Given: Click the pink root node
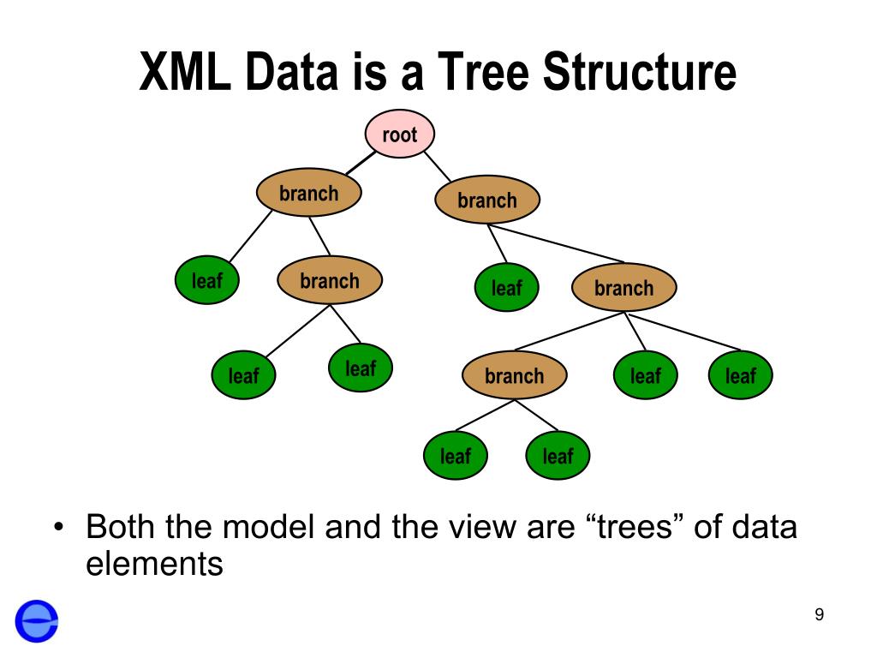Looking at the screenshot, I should (x=400, y=135).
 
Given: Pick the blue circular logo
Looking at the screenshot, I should (x=37, y=620).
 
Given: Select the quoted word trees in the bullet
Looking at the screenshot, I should (x=635, y=526).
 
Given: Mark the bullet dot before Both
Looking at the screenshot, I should (x=58, y=526).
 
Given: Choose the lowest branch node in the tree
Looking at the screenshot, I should (x=514, y=376).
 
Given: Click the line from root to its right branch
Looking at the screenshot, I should (x=438, y=166).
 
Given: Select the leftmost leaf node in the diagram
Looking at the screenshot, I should (x=206, y=280).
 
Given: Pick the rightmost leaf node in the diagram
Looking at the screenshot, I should (x=740, y=376).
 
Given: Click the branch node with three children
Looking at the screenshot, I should (x=623, y=288).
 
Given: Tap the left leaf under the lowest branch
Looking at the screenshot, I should (x=455, y=456).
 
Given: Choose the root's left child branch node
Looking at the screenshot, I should (x=308, y=194).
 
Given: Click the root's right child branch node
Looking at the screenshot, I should (x=487, y=201).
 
